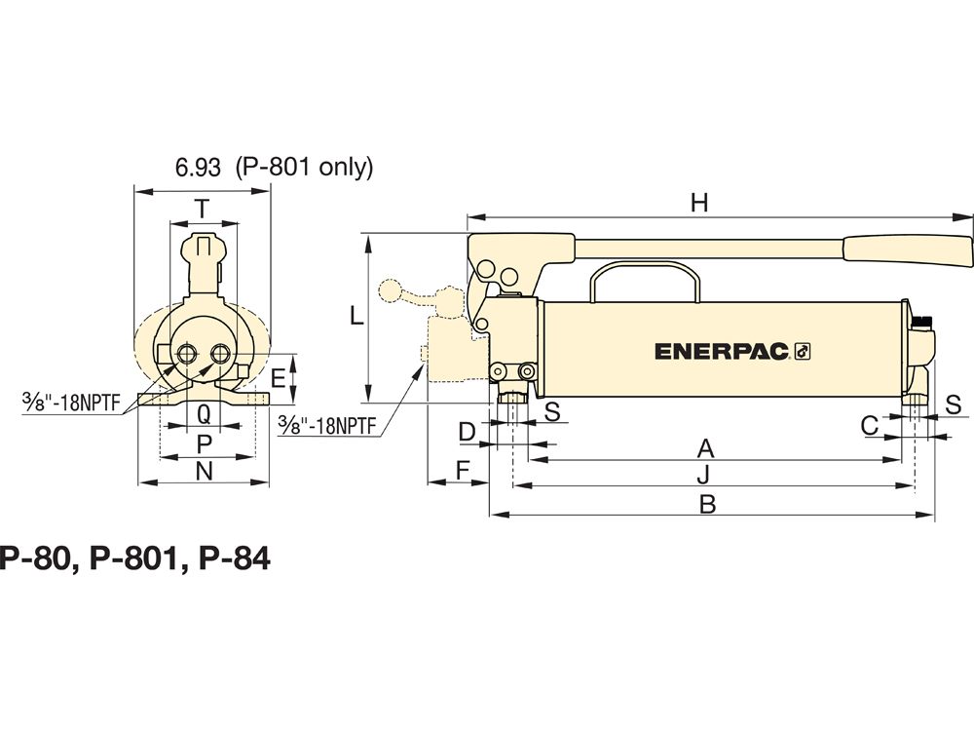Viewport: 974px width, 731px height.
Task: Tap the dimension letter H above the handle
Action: coord(699,203)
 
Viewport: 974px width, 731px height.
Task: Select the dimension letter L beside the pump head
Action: coord(356,317)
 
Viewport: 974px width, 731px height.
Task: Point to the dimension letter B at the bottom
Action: coord(707,504)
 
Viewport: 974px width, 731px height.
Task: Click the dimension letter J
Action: coord(702,476)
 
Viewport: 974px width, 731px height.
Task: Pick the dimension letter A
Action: coord(705,448)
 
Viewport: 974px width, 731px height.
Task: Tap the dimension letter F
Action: coord(463,471)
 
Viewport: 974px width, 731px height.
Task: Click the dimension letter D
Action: coord(468,432)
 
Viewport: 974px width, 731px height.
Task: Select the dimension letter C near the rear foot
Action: coord(870,426)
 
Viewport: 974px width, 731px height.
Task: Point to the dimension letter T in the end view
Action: coord(202,210)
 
